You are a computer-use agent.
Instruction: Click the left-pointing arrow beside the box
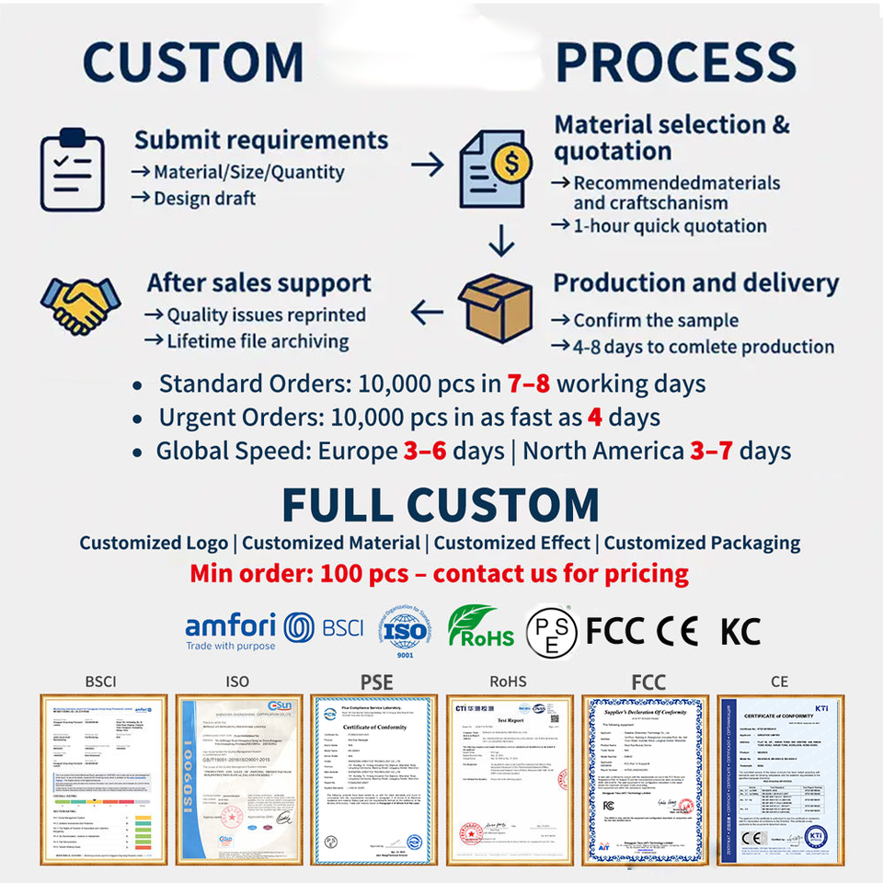[x=427, y=314]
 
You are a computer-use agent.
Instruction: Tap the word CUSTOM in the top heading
[x=194, y=62]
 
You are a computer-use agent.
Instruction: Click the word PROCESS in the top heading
[x=675, y=62]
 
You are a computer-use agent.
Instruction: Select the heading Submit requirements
[x=261, y=141]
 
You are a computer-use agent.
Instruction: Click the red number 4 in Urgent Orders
[x=594, y=417]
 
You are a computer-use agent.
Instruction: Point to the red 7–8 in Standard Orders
[x=528, y=384]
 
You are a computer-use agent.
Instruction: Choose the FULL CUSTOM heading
[x=441, y=504]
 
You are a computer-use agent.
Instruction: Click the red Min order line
[x=440, y=575]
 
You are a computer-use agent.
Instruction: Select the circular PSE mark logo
[x=552, y=632]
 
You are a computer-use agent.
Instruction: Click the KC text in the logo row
[x=740, y=632]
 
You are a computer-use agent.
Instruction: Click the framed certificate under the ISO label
[x=236, y=779]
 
